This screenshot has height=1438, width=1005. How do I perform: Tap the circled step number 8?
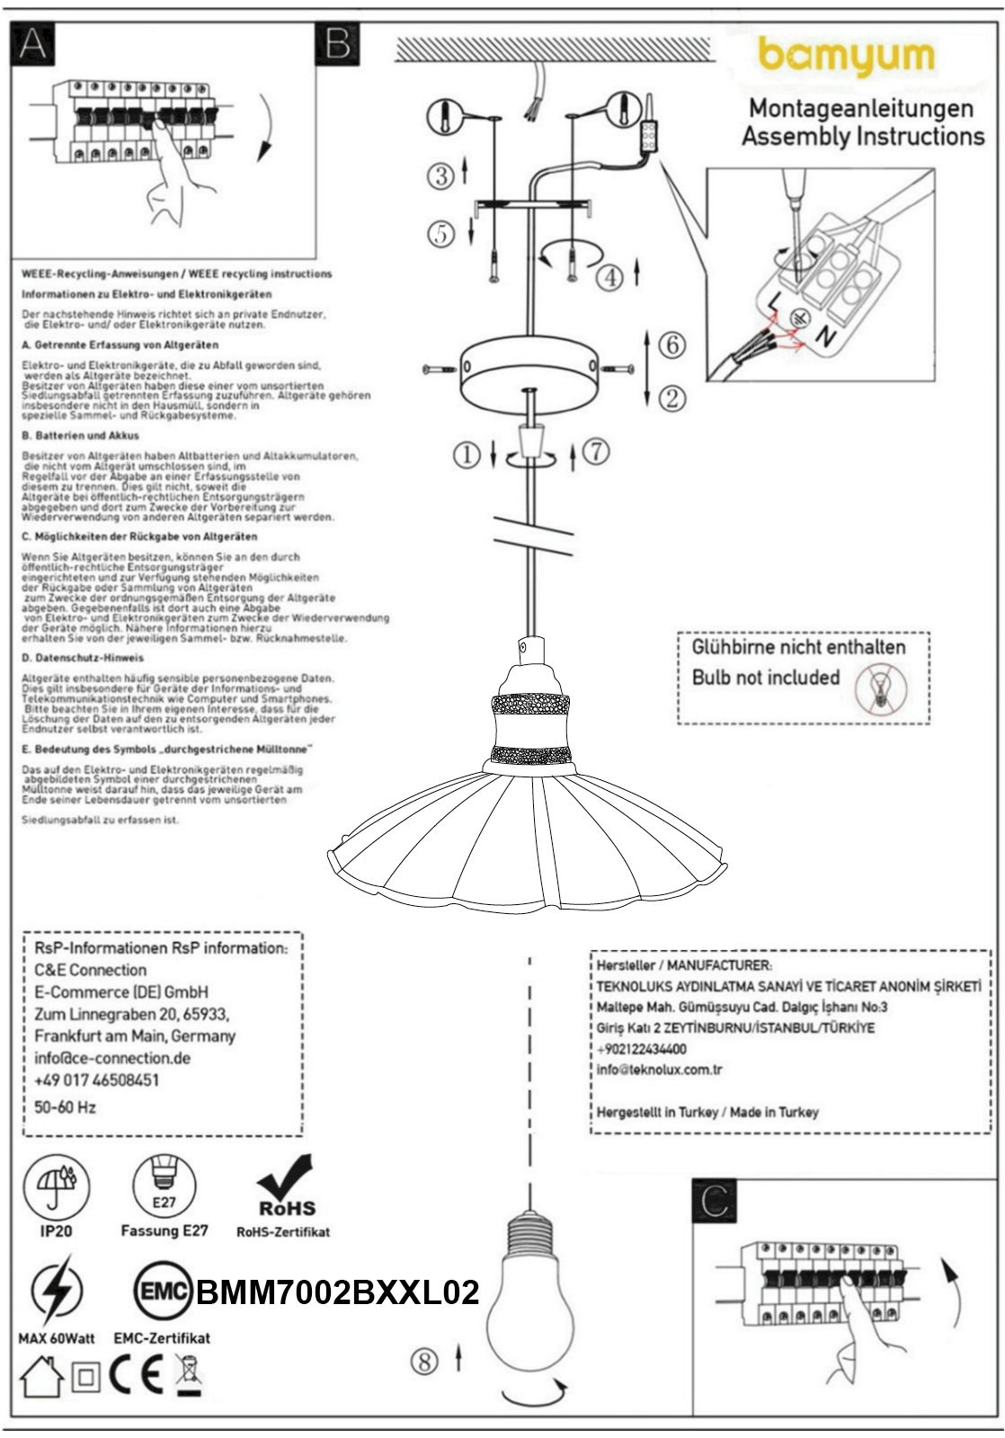424,1362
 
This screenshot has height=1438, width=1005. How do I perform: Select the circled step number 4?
609,276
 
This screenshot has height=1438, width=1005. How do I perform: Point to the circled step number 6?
671,344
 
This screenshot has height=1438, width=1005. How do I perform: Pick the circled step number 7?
596,451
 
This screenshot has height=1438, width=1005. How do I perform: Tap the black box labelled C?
714,1202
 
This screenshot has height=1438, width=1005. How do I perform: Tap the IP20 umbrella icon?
56,1185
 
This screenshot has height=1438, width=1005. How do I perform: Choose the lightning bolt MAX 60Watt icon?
56,1292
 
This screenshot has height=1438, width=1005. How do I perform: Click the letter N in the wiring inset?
823,337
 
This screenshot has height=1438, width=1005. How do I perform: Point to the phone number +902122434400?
642,1049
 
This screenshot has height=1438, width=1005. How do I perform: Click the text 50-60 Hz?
65,1107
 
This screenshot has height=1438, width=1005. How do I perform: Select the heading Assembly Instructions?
862,137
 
